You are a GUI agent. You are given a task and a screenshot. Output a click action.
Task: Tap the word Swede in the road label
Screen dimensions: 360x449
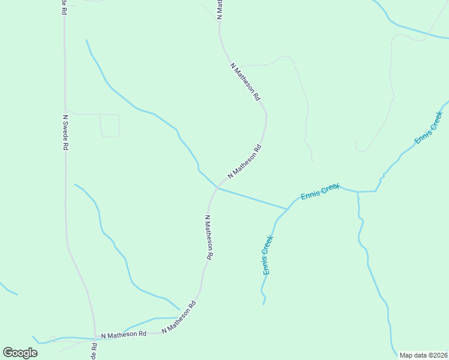point(64,133)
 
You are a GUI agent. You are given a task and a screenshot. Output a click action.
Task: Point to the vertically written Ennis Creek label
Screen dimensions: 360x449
point(268,256)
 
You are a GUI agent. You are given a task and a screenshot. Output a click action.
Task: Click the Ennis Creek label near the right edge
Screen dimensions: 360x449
point(429,128)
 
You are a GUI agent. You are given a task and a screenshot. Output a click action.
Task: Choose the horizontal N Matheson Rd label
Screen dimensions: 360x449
point(124,334)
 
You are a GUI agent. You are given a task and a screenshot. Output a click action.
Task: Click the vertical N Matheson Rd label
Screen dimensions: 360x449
point(208,237)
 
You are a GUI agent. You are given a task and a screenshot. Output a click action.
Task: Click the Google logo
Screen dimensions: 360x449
point(20,353)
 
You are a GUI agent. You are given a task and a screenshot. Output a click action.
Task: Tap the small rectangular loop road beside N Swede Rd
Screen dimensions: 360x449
point(109,125)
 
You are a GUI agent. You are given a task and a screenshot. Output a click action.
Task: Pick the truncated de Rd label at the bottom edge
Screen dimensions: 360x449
point(94,351)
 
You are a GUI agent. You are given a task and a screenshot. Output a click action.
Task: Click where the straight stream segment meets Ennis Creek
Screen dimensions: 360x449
point(287,209)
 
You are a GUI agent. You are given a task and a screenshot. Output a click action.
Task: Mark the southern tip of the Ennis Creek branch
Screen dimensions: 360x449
point(264,304)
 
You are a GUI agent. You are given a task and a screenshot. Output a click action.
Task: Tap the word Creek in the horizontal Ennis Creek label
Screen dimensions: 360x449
point(329,189)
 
